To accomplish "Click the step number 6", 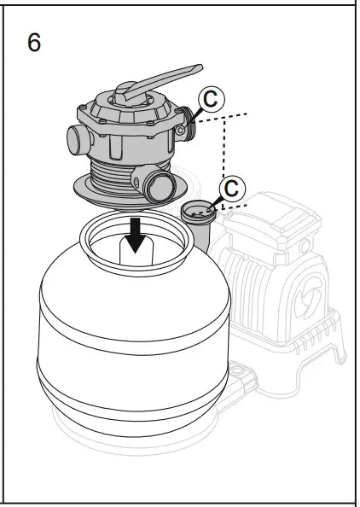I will click(33, 43).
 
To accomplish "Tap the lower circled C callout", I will click(229, 187).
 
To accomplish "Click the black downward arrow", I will click(134, 239).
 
